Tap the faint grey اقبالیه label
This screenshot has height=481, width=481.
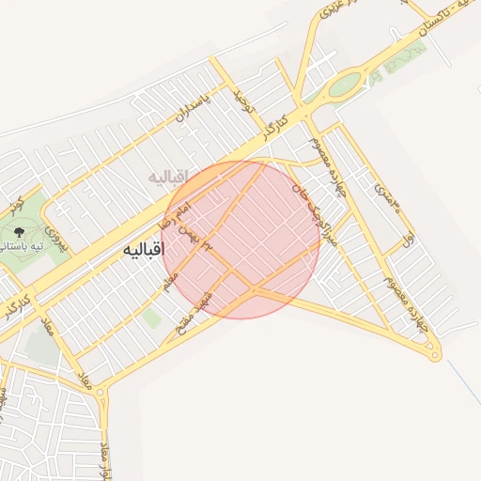(169, 176)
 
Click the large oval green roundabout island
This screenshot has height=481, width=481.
(344, 85)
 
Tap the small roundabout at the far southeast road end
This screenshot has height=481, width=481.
(433, 354)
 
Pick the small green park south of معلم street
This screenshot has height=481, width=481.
(151, 318)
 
